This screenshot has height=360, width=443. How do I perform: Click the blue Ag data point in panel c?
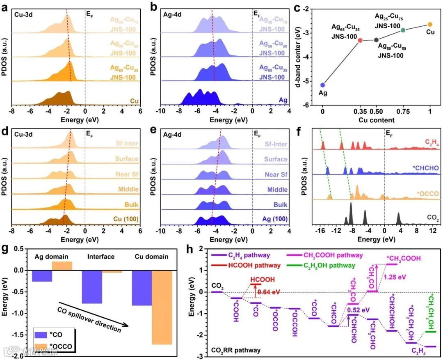click(x=323, y=85)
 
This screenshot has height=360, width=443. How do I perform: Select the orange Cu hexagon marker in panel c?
click(x=430, y=25)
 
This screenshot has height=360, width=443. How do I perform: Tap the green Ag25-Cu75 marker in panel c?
click(x=403, y=30)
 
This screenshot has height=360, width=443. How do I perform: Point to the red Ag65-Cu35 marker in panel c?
click(x=360, y=40)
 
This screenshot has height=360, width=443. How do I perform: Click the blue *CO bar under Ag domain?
click(x=42, y=276)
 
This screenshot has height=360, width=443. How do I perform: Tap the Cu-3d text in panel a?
click(x=24, y=13)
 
